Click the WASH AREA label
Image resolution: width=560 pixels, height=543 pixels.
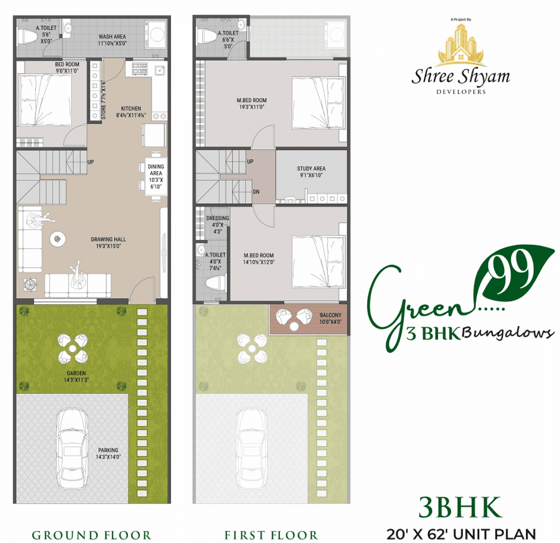click(112, 36)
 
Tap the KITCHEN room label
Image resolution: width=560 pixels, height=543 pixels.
click(131, 109)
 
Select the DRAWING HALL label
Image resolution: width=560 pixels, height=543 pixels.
click(108, 239)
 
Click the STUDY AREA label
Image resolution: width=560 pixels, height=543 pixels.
click(311, 168)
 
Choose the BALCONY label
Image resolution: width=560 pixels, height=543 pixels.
click(331, 315)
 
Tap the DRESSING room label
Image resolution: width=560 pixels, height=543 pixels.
click(218, 218)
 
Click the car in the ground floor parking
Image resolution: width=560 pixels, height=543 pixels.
click(72, 449)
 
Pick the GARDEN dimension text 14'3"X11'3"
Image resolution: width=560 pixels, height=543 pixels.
click(76, 380)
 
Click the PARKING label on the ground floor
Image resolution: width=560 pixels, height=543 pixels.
click(108, 450)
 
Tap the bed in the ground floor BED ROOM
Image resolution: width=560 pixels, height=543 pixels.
click(45, 100)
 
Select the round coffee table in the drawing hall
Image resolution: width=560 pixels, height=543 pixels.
click(58, 239)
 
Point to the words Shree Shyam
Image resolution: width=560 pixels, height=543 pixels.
click(461, 77)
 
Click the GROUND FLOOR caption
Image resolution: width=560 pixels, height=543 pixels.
click(92, 535)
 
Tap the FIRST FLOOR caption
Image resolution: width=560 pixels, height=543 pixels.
click(271, 535)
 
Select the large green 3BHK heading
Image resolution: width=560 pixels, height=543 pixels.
click(460, 507)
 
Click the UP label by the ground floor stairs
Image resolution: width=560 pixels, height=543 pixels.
click(91, 162)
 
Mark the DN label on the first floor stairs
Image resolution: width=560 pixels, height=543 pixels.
click(256, 192)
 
